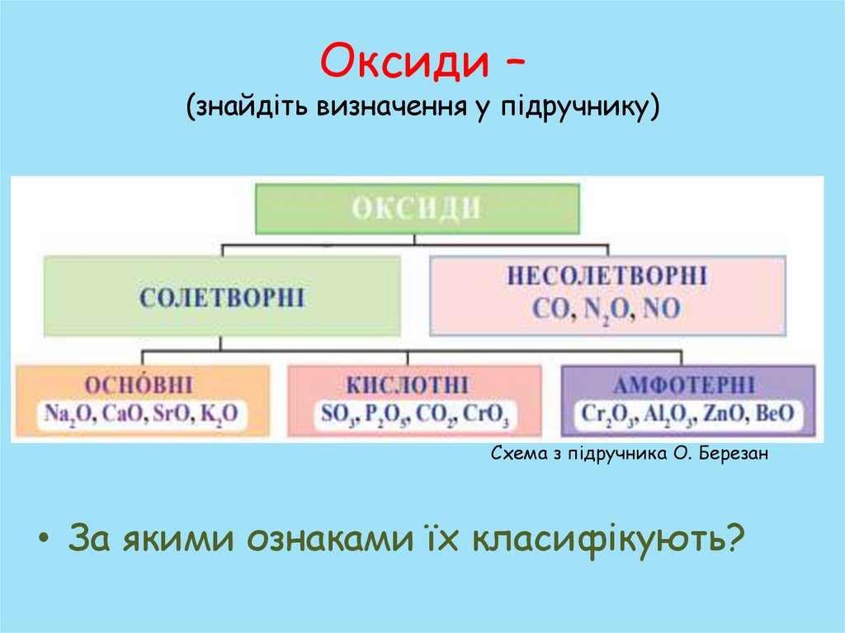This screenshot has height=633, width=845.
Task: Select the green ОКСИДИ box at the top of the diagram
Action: pyautogui.click(x=417, y=208)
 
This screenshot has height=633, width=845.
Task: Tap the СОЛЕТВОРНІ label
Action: pyautogui.click(x=222, y=297)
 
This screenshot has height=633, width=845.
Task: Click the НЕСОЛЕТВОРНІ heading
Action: pyautogui.click(x=607, y=276)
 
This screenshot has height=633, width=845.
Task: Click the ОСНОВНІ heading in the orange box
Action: pyautogui.click(x=139, y=385)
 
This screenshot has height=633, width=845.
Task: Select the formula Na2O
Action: pyautogui.click(x=69, y=415)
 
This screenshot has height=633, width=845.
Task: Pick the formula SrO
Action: pyautogui.click(x=170, y=415)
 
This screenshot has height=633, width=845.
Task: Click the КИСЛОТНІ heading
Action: pyautogui.click(x=408, y=386)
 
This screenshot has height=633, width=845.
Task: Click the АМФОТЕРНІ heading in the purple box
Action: pyautogui.click(x=682, y=386)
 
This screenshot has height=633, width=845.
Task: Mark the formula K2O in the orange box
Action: pyautogui.click(x=219, y=415)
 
